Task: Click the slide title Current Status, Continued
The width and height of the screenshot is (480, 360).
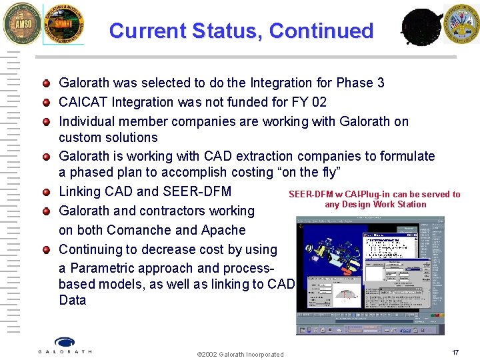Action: [x=241, y=31]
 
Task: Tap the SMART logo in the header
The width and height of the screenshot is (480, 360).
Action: [x=64, y=24]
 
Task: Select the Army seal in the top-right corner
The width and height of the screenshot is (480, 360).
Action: [x=461, y=23]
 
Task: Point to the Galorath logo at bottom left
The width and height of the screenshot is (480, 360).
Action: [x=65, y=346]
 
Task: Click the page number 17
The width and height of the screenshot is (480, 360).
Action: [x=455, y=352]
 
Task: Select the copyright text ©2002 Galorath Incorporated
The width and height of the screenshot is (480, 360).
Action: [x=241, y=354]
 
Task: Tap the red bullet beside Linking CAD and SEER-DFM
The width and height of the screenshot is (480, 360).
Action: [x=46, y=192]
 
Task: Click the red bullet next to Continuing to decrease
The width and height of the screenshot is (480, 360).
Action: [x=46, y=250]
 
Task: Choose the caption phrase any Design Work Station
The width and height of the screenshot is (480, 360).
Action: [x=375, y=205]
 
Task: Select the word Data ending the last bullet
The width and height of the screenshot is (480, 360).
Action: [x=72, y=300]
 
